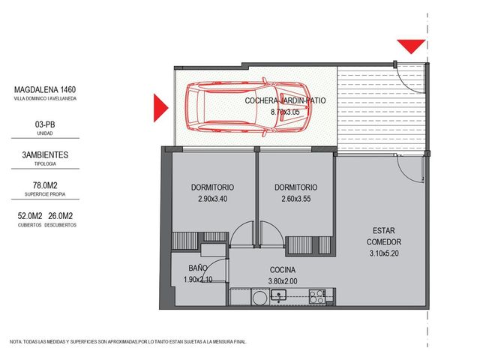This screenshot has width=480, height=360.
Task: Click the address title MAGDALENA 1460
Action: tap(45, 90)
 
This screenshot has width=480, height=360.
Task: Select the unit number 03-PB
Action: tap(45, 124)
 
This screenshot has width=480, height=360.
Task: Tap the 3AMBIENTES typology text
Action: tap(45, 155)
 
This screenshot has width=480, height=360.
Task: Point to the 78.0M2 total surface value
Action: tap(45, 185)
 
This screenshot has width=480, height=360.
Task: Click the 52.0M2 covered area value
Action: tap(30, 216)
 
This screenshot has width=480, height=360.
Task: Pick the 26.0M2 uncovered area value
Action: tap(60, 216)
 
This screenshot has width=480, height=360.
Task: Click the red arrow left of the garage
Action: tap(161, 108)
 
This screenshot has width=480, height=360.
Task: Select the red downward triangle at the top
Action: tap(411, 46)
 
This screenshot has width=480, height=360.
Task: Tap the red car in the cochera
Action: tap(248, 107)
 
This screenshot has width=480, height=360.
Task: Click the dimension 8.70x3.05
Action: tap(285, 112)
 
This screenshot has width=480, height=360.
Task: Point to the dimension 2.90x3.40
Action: tap(213, 199)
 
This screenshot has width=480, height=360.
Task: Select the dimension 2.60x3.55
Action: tap(296, 199)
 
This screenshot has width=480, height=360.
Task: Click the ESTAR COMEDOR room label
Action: tap(384, 236)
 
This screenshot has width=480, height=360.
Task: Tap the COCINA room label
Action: tap(283, 270)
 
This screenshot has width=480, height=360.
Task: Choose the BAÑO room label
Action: tap(198, 268)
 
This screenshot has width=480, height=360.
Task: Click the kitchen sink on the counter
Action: tap(278, 295)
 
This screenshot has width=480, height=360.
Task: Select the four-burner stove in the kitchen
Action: tap(316, 296)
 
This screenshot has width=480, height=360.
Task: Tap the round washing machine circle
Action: tap(260, 298)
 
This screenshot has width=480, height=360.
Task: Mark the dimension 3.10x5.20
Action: tap(384, 253)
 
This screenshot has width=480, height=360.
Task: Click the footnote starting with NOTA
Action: tap(128, 342)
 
